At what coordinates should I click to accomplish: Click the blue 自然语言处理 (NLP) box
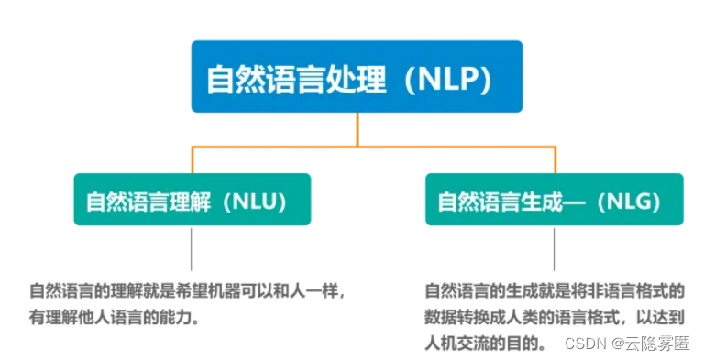pyautogui.click(x=357, y=77)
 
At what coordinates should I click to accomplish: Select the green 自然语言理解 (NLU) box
pyautogui.click(x=192, y=200)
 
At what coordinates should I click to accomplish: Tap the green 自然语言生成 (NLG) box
pyautogui.click(x=554, y=200)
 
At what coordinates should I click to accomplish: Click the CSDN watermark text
pyautogui.click(x=584, y=343)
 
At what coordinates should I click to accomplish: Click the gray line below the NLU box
pyautogui.click(x=192, y=248)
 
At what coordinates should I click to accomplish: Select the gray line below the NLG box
pyautogui.click(x=554, y=248)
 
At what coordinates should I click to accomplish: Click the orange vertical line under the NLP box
pyautogui.click(x=358, y=128)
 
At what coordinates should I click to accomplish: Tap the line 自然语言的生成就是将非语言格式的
pyautogui.click(x=554, y=291)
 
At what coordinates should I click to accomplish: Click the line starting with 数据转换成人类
pyautogui.click(x=554, y=317)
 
